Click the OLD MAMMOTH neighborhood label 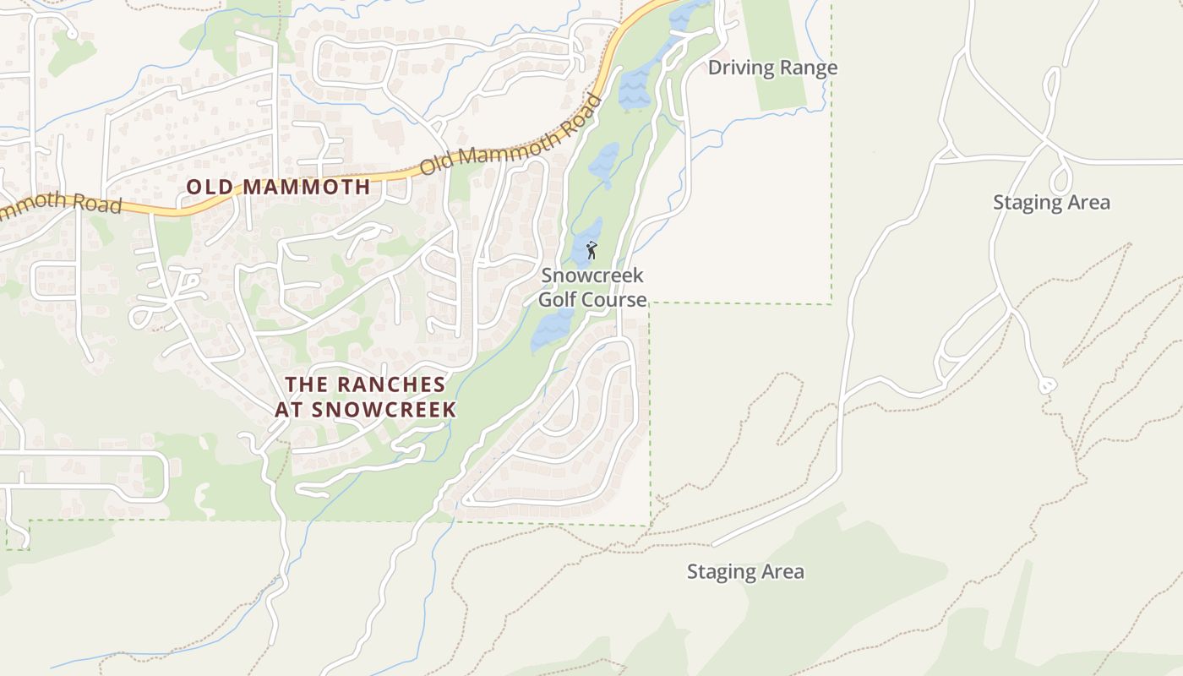(278, 187)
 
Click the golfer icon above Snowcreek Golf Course (591, 250)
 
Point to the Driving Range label (772, 68)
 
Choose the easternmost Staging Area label (1051, 202)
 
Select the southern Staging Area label (745, 571)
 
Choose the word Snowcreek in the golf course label (592, 275)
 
